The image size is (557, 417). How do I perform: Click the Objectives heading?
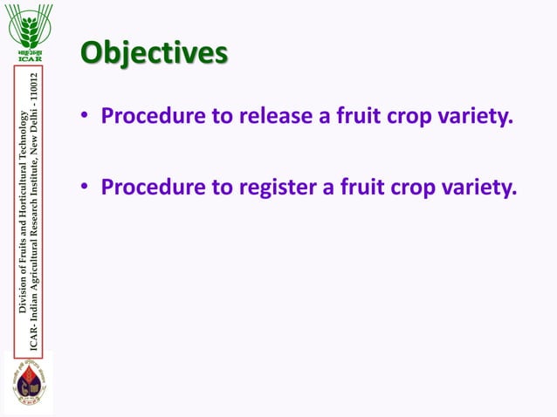pos(154,51)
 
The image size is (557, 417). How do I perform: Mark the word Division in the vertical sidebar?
pos(22,293)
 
